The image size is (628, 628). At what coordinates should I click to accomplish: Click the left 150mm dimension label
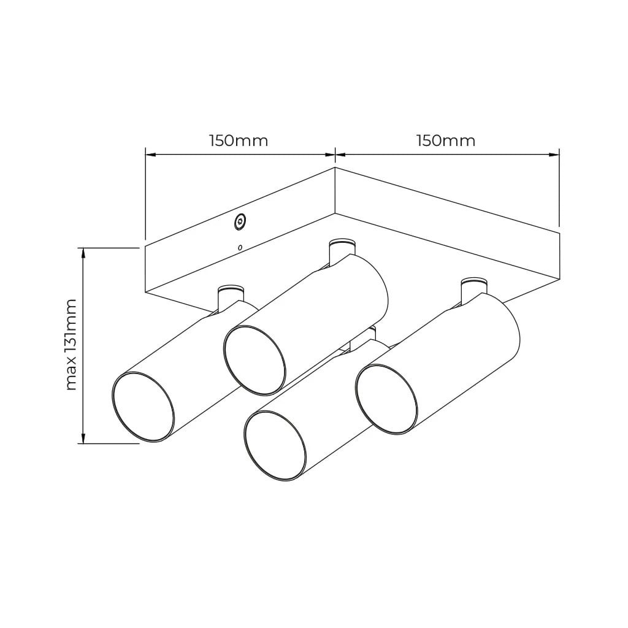(239, 141)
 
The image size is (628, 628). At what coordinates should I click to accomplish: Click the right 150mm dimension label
(446, 141)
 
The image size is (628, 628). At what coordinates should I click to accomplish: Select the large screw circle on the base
(240, 221)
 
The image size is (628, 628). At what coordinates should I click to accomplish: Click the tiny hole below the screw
(240, 248)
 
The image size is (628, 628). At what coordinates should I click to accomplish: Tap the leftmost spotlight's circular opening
(143, 407)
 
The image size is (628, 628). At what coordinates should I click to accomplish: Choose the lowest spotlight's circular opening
(275, 446)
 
